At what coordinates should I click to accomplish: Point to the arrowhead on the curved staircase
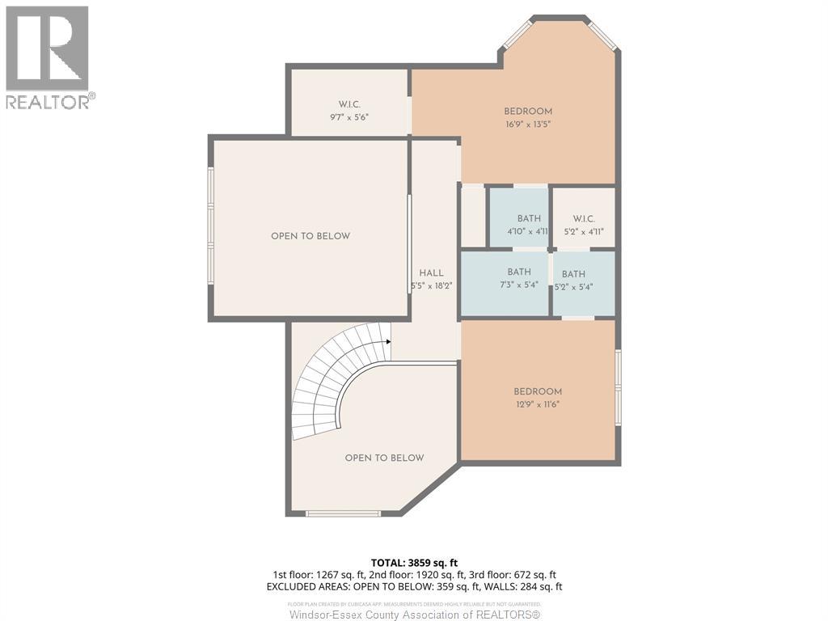click(x=388, y=342)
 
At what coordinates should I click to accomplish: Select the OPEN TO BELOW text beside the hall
click(x=310, y=236)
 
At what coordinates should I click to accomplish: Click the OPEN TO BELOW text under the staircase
click(x=384, y=458)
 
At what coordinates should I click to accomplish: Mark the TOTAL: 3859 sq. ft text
click(x=414, y=562)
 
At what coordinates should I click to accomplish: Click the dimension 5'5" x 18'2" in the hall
click(x=431, y=285)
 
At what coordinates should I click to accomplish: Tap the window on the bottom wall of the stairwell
click(x=343, y=513)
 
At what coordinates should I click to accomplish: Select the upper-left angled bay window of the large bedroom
click(x=515, y=34)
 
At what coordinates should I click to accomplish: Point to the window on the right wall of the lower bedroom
click(x=619, y=387)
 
